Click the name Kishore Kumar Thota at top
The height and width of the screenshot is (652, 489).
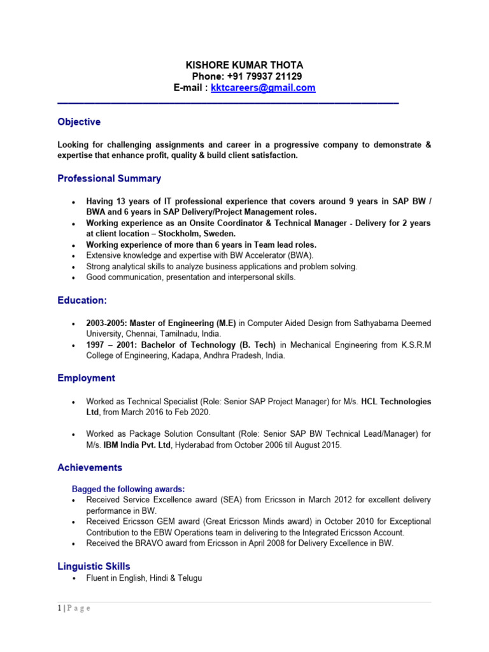click(244, 65)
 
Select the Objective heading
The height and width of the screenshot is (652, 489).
click(79, 122)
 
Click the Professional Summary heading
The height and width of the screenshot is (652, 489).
click(109, 178)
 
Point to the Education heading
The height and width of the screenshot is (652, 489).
click(82, 300)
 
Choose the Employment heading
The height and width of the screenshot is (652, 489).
click(86, 378)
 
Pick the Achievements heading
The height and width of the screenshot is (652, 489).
click(90, 467)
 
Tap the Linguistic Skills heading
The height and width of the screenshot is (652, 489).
click(94, 566)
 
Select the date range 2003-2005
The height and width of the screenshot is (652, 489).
click(106, 323)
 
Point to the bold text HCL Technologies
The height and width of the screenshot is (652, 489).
click(396, 402)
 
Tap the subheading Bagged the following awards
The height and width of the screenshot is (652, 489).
click(128, 489)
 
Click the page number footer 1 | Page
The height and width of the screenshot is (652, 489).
click(74, 608)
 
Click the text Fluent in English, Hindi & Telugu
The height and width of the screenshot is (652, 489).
click(145, 578)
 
